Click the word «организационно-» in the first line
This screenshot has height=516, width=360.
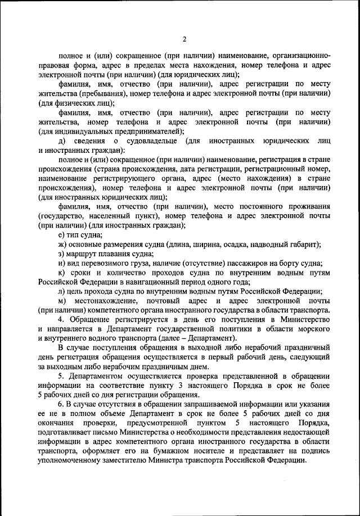[x=298, y=56]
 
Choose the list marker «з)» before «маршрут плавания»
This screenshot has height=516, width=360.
[x=62, y=254]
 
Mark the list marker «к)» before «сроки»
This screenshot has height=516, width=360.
[x=62, y=273]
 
